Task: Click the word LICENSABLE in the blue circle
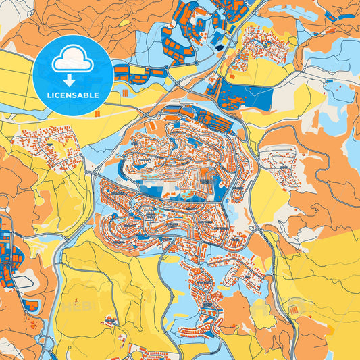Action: click(72, 95)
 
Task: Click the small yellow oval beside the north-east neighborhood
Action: click(292, 42)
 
